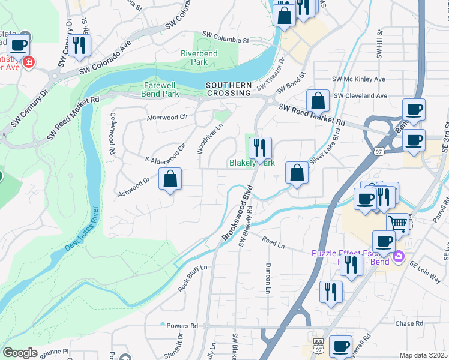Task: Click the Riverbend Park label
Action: (199, 57)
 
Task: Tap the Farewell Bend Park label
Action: (160, 89)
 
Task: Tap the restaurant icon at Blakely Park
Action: (260, 147)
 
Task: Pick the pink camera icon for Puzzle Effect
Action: (398, 257)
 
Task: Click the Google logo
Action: (20, 353)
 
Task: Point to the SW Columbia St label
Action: (225, 38)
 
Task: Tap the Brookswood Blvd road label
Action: (237, 213)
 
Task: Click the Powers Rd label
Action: (182, 326)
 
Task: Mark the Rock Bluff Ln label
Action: (192, 278)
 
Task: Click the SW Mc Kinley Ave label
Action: (358, 79)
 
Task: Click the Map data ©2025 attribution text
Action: (423, 355)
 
